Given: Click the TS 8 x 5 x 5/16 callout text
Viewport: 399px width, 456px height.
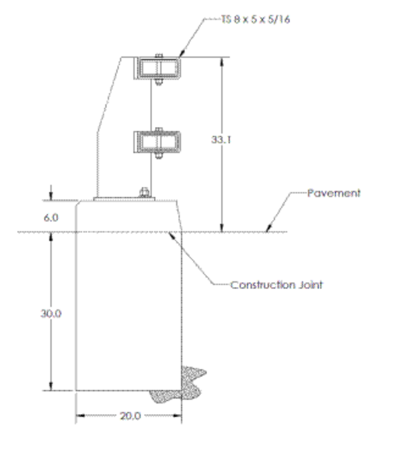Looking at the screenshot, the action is point(255,20).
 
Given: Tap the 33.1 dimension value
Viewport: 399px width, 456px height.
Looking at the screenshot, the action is point(221,140).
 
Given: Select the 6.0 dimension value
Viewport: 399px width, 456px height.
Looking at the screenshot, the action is point(51,218).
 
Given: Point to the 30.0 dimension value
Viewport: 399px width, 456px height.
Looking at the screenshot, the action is point(51,314).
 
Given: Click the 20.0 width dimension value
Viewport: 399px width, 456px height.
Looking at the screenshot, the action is point(130,416).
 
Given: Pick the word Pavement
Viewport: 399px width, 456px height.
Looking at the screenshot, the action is point(333,193).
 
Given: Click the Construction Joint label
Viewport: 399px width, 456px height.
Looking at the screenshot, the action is point(276,285).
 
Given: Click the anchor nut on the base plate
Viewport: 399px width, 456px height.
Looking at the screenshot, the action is point(144,193).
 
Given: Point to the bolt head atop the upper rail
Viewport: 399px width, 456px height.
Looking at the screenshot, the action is point(158,55).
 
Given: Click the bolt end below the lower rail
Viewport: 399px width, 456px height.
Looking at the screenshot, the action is point(158,156).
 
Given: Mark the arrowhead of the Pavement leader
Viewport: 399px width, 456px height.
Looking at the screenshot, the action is point(269,228).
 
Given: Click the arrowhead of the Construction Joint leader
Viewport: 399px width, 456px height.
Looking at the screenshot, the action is point(172,235).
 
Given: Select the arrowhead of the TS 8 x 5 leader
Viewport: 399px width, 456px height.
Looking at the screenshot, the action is point(181,53).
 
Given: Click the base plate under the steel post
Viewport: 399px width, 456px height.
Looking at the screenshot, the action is point(124,199).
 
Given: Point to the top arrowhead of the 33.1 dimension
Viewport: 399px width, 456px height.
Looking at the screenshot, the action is point(222,61).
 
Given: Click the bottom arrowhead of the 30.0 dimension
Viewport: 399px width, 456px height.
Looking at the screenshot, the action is point(51,386).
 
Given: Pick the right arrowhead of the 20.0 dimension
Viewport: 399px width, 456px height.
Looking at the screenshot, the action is point(177,415).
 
